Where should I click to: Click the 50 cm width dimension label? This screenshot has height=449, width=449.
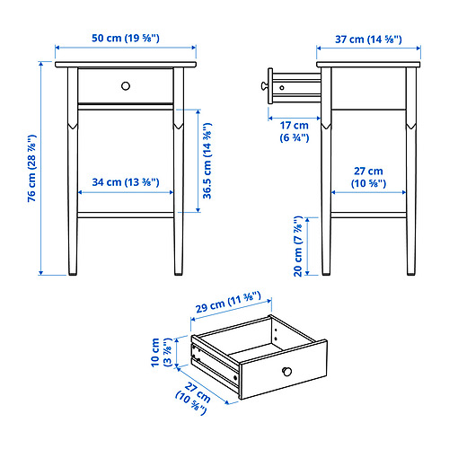point(126,39)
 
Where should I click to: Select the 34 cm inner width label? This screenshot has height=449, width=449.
point(126,182)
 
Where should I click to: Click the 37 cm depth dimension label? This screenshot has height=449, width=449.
point(368,39)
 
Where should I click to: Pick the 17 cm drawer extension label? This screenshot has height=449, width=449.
point(293,131)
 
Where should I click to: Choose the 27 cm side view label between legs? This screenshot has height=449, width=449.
point(368,177)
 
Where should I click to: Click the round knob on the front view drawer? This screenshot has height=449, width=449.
point(126,85)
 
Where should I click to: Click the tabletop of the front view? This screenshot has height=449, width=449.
point(126,65)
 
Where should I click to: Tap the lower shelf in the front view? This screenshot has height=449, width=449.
point(126,215)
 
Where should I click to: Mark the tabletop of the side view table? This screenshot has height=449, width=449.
point(368,65)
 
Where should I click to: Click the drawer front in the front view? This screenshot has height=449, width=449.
point(99,86)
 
